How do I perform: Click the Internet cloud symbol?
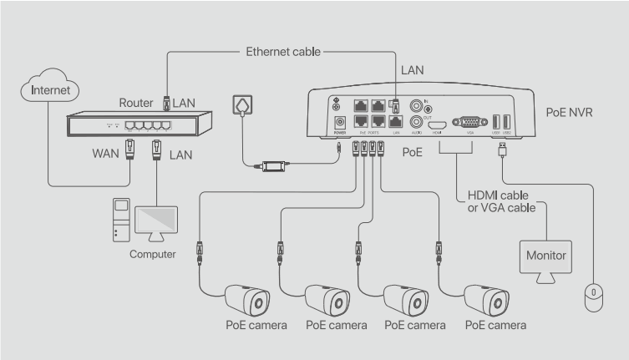[x=49, y=89]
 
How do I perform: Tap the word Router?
[x=135, y=103]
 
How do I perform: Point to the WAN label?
[x=106, y=155]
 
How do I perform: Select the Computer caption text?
[x=152, y=254]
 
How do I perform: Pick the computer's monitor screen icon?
[x=156, y=220]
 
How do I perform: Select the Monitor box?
[x=544, y=254]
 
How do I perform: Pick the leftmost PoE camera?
[x=247, y=299]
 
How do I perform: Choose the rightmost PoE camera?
[x=487, y=299]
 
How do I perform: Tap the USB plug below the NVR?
[x=500, y=149]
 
